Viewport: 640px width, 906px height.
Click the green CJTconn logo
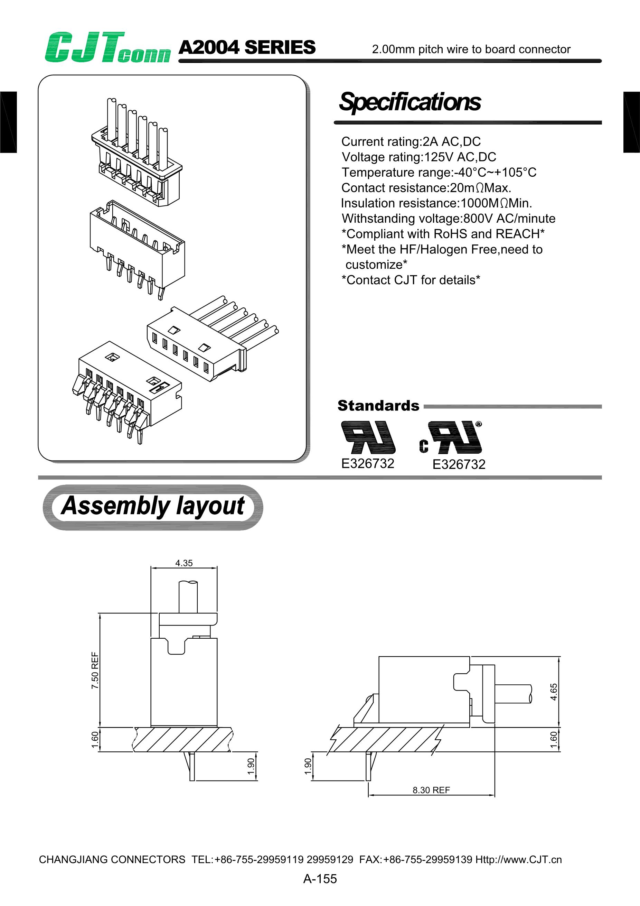(107, 48)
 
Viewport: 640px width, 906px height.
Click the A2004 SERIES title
(247, 47)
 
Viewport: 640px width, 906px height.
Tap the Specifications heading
(410, 102)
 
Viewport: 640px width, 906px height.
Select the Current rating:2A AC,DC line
(411, 141)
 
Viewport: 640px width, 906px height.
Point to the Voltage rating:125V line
(419, 157)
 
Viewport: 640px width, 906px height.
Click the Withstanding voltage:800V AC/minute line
(448, 218)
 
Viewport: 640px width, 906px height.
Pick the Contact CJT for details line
(411, 280)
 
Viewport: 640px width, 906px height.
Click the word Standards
(378, 406)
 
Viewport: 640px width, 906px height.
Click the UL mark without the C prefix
(368, 437)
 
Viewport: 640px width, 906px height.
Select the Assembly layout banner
(153, 507)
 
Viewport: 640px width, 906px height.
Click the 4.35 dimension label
(184, 563)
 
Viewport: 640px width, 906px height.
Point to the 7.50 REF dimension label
(95, 671)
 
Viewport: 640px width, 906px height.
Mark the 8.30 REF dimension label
(431, 790)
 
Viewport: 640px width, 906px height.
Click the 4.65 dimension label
(554, 692)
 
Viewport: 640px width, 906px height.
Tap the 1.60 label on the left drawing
(95, 739)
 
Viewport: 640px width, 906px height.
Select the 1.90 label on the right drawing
(308, 766)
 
